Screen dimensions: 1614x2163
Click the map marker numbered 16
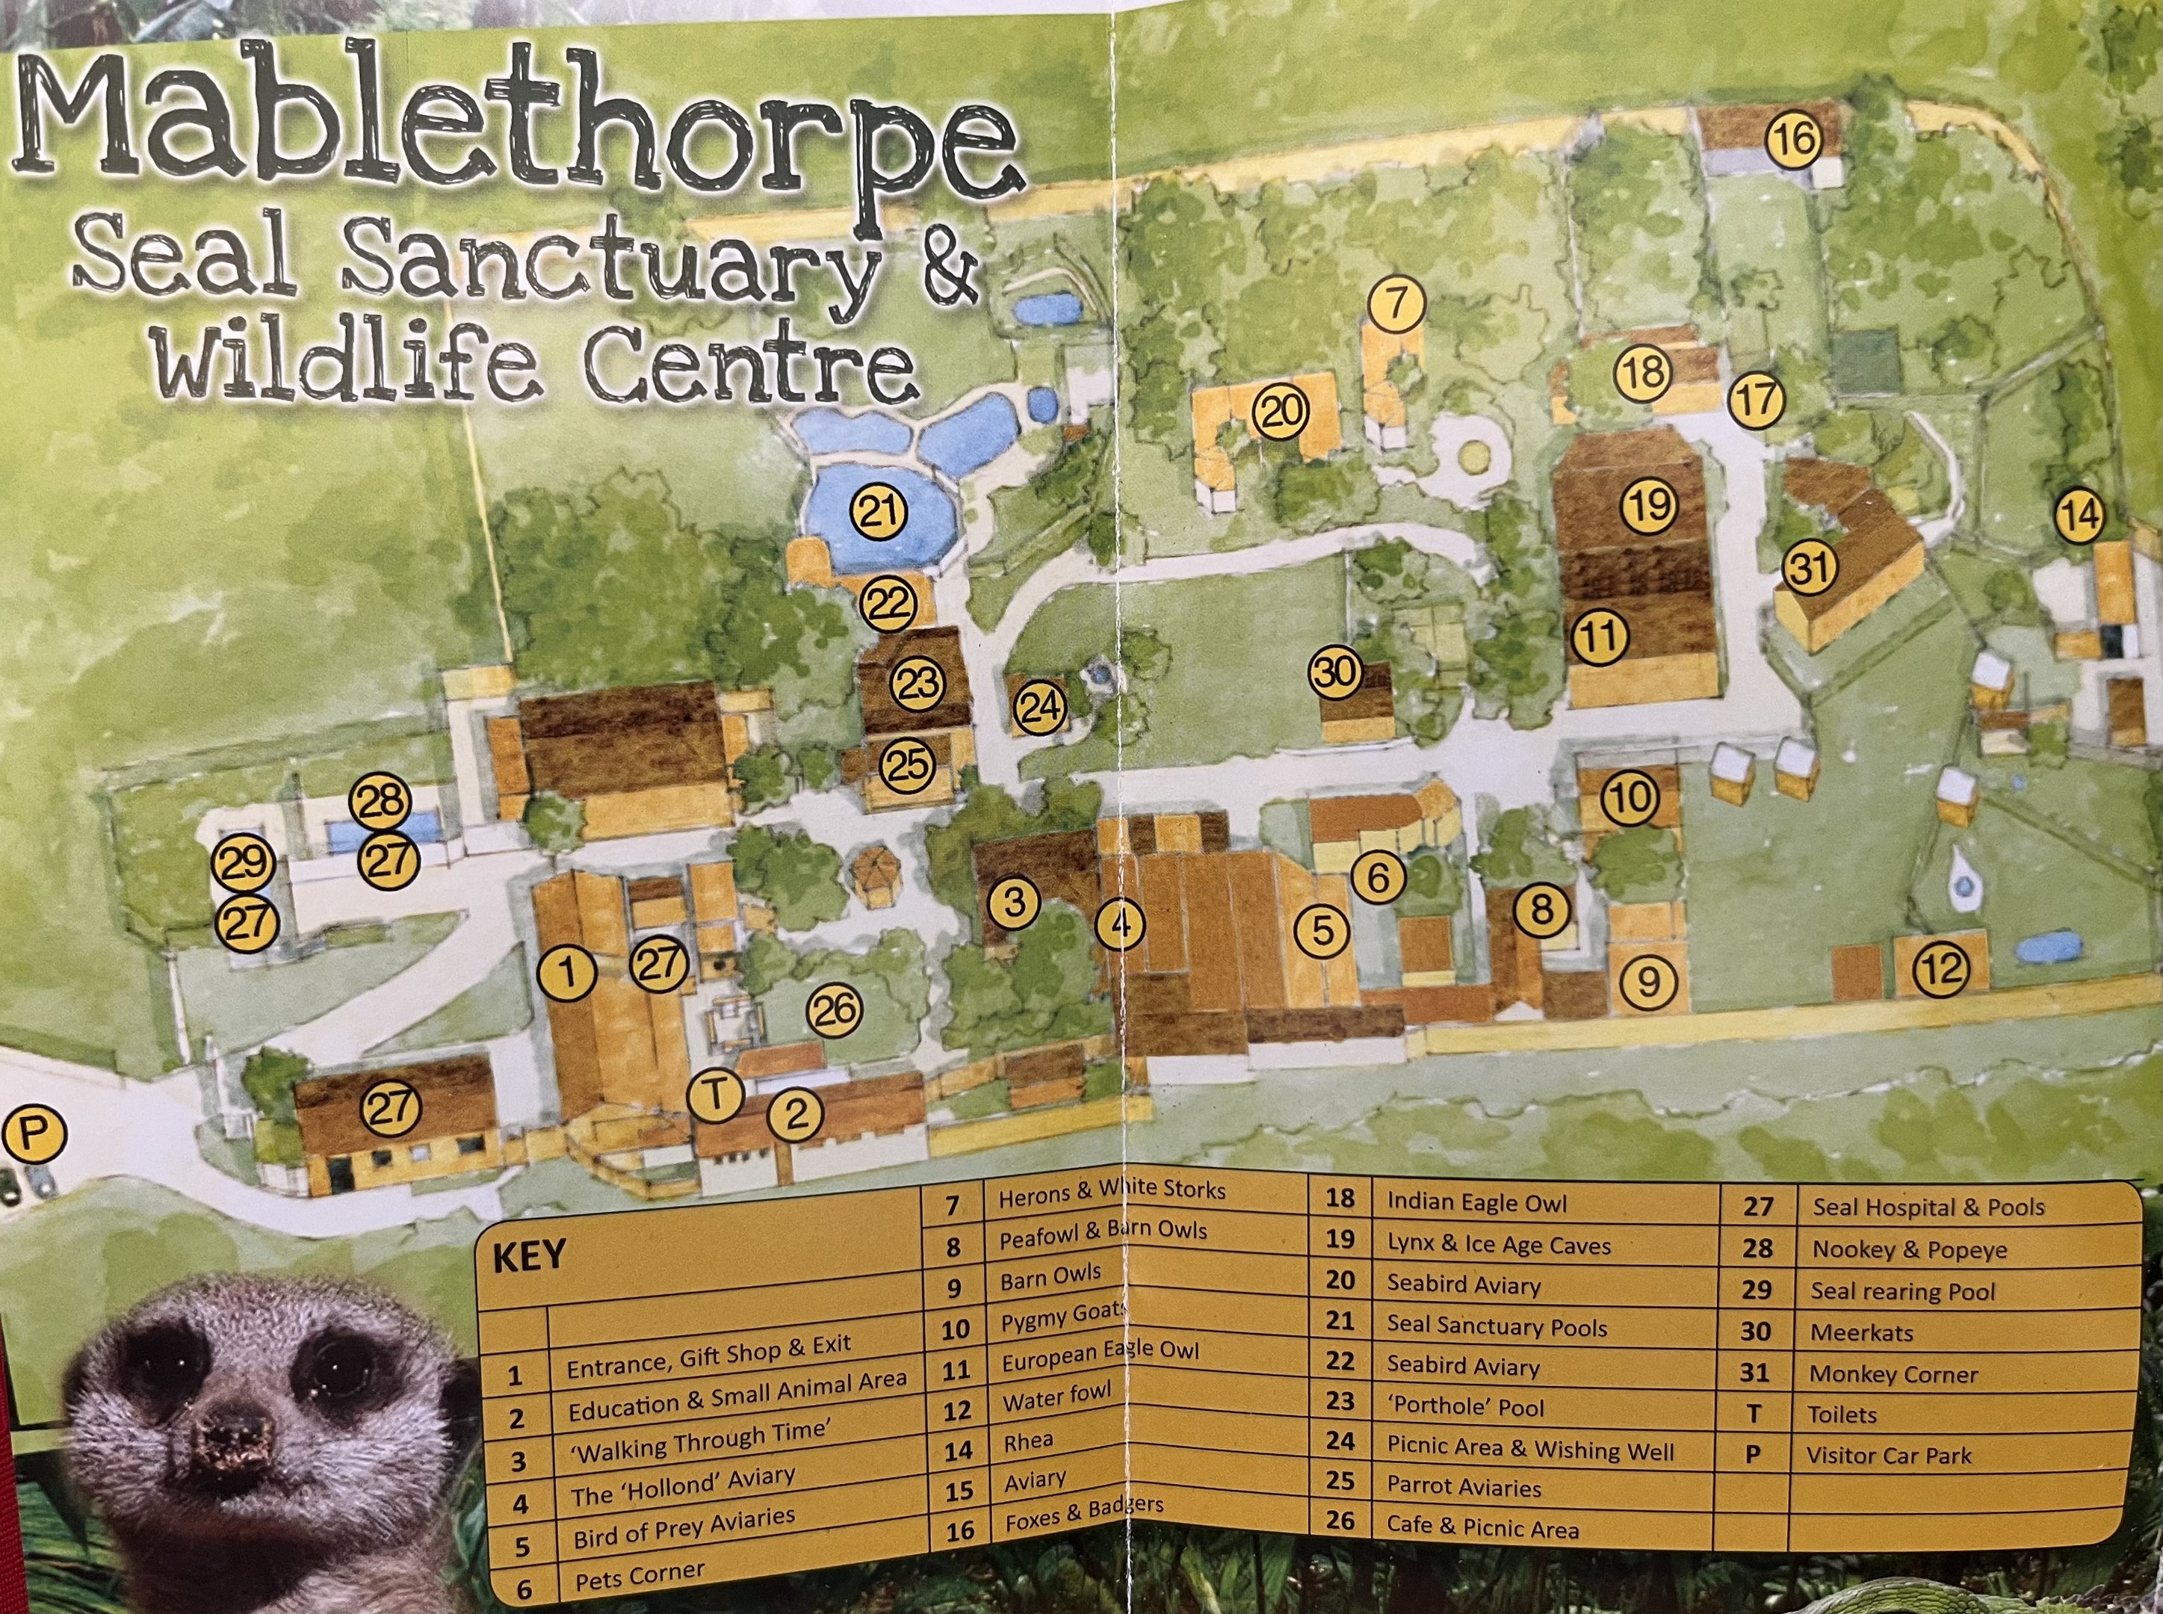[1795, 140]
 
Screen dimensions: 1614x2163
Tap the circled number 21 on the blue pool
[879, 511]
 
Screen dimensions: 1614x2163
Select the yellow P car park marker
[33, 1134]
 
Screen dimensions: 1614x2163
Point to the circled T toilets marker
[715, 1095]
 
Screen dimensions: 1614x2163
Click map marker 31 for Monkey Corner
[1810, 568]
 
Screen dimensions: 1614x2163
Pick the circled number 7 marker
[1397, 305]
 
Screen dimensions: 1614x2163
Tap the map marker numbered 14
[2079, 515]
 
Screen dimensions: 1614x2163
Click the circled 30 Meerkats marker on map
[1335, 672]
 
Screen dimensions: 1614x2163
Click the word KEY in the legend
[528, 1256]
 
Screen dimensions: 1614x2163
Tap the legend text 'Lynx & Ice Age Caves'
[1498, 1245]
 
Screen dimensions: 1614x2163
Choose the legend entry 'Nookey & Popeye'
[1909, 1249]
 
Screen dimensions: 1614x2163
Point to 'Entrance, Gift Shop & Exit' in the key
[708, 1357]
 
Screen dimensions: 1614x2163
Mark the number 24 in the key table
[1340, 1441]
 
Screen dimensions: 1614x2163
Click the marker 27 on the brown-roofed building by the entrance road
[391, 1108]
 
